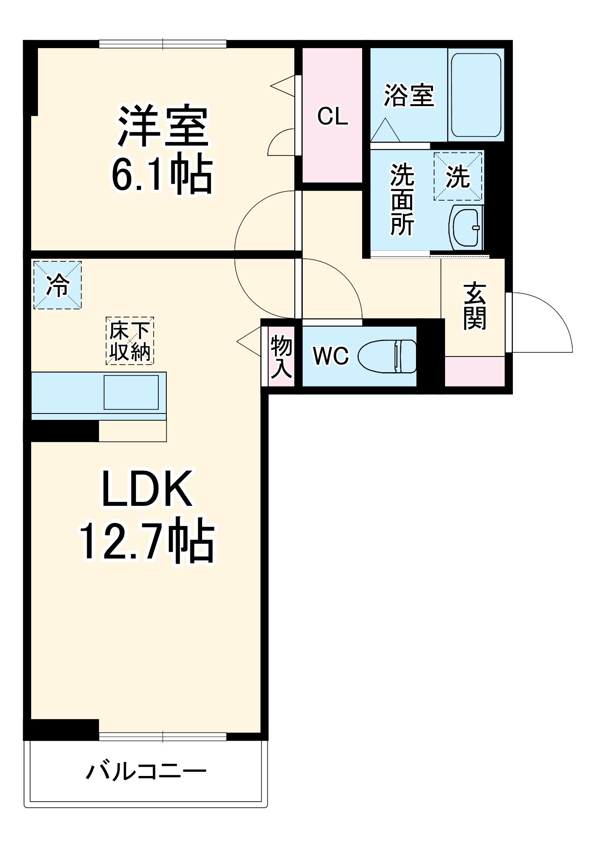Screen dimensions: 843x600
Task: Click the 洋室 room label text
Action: (x=163, y=126)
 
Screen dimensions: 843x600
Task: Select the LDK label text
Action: (x=147, y=489)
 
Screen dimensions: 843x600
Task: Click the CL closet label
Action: (x=333, y=116)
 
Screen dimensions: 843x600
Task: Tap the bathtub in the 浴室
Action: (x=476, y=95)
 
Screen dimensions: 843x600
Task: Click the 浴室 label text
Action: (x=408, y=96)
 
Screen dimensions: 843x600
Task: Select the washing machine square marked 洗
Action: (x=458, y=177)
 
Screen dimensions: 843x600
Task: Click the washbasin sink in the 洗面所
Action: (x=466, y=228)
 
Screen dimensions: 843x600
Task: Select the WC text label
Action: (x=331, y=356)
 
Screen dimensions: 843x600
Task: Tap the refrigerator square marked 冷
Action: (x=58, y=285)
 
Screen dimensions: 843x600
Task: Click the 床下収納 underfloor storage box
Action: (x=130, y=341)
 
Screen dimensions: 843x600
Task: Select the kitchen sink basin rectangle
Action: (x=131, y=392)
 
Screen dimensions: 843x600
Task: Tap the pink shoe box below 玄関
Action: (x=475, y=371)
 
